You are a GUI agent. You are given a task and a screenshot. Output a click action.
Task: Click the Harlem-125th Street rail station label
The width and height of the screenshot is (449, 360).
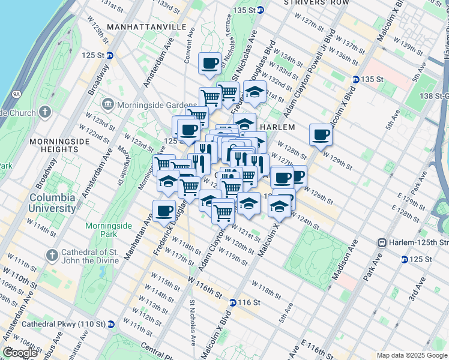click(x=414, y=242)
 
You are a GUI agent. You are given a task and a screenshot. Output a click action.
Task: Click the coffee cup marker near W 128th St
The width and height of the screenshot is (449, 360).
click(x=321, y=134)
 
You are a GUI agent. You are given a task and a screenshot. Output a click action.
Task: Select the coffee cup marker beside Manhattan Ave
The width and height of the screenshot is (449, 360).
click(x=164, y=211)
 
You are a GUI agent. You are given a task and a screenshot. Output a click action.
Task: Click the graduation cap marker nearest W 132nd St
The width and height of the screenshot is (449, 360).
click(x=255, y=92)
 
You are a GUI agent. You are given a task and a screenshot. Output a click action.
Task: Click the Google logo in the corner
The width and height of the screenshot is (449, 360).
click(x=20, y=353)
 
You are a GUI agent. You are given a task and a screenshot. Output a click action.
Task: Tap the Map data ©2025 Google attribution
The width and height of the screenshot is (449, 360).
click(x=411, y=355)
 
